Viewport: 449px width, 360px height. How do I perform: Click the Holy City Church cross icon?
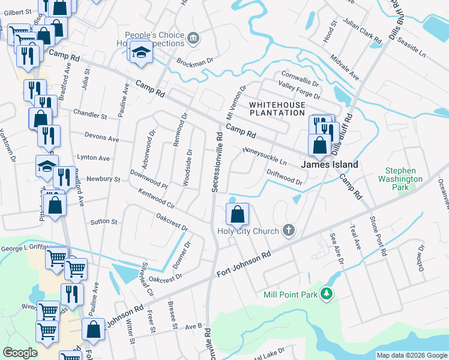pyautogui.click(x=289, y=231)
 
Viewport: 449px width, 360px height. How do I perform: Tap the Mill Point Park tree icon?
pyautogui.click(x=327, y=294)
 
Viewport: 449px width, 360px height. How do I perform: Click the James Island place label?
pyautogui.click(x=329, y=164)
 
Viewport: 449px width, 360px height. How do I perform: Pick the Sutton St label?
pyautogui.click(x=103, y=222)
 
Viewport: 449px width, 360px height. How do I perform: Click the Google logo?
pyautogui.click(x=20, y=353)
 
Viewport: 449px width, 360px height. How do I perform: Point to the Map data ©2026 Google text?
pyautogui.click(x=412, y=355)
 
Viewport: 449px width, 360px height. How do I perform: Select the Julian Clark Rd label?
pyautogui.click(x=362, y=31)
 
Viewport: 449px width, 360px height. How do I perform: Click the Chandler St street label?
pyautogui.click(x=89, y=113)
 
